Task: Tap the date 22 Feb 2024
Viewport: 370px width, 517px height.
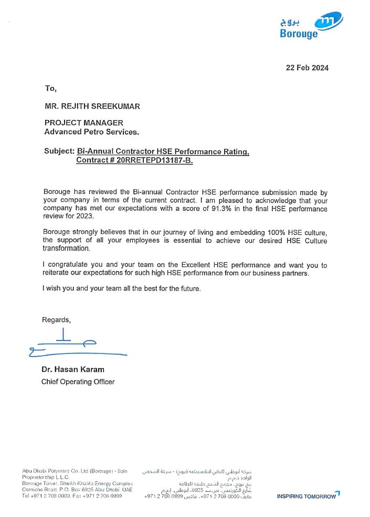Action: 307,68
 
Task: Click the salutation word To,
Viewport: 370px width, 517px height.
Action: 50,88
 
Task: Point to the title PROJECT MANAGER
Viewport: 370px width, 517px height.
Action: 84,123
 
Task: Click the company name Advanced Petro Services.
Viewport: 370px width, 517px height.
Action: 92,132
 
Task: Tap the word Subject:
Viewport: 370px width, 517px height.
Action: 59,151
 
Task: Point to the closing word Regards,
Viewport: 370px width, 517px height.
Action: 56,319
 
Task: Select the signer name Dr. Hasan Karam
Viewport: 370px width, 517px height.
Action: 73,370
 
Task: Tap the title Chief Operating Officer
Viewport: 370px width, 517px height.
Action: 78,382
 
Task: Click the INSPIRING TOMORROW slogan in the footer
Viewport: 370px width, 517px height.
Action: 308,496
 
